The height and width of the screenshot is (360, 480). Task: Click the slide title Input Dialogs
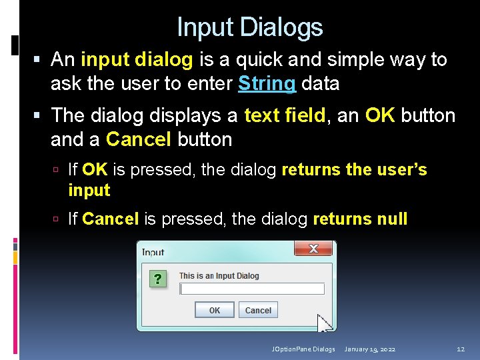pyautogui.click(x=249, y=27)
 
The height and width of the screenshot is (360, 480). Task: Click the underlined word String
pyautogui.click(x=267, y=83)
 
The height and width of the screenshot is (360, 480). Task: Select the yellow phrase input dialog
pyautogui.click(x=137, y=59)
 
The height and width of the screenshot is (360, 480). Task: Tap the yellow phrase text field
pyautogui.click(x=285, y=115)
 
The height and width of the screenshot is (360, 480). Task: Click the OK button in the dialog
pyautogui.click(x=215, y=310)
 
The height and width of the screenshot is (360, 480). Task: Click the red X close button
pyautogui.click(x=313, y=249)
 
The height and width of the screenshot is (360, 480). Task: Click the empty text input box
pyautogui.click(x=252, y=289)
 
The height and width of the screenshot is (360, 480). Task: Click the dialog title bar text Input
pyautogui.click(x=153, y=252)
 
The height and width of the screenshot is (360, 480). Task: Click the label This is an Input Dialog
pyautogui.click(x=219, y=276)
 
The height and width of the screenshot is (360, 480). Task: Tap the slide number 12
pyautogui.click(x=460, y=349)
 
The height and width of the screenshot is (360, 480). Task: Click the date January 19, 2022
pyautogui.click(x=369, y=349)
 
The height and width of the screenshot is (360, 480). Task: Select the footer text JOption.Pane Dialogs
pyautogui.click(x=303, y=349)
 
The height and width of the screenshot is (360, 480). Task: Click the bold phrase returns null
pyautogui.click(x=360, y=219)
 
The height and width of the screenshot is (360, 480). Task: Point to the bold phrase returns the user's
pyautogui.click(x=354, y=170)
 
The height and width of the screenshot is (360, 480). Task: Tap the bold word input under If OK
pyautogui.click(x=89, y=190)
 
